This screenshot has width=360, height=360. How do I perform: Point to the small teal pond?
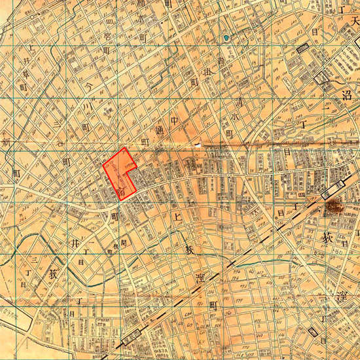226,39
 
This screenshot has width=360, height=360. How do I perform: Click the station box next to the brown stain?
330,192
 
